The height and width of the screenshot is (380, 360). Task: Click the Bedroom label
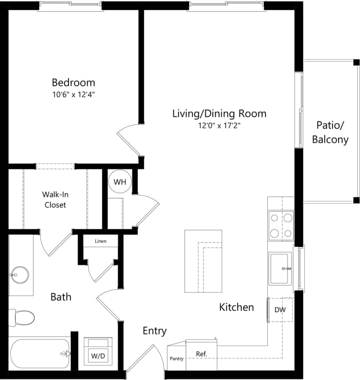(x=73, y=82)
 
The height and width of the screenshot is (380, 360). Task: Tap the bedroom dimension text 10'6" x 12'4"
(x=73, y=94)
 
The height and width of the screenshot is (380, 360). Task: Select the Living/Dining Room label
(x=219, y=113)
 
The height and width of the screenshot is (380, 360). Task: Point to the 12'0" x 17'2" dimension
(x=219, y=126)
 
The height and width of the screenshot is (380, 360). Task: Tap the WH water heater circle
(x=120, y=182)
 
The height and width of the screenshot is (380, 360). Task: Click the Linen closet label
(x=100, y=241)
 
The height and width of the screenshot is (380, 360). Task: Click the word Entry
(x=154, y=331)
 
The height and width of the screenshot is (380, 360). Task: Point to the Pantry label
(x=176, y=359)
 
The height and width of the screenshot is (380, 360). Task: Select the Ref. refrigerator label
(x=202, y=354)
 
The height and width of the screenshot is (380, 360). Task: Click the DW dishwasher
(x=280, y=310)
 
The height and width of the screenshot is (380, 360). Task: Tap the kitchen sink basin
(x=281, y=268)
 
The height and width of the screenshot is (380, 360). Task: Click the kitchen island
(x=203, y=261)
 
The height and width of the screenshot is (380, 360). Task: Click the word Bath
(x=61, y=296)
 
